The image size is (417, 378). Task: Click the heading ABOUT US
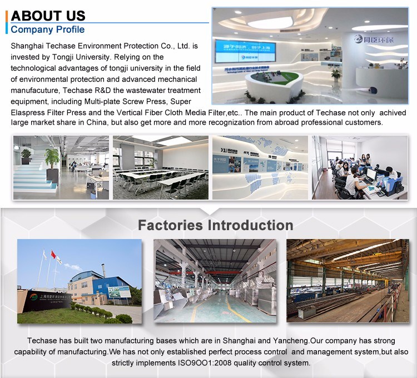[48, 15]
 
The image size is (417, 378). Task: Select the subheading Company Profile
[48, 29]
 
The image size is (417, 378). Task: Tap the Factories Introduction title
[215, 225]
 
